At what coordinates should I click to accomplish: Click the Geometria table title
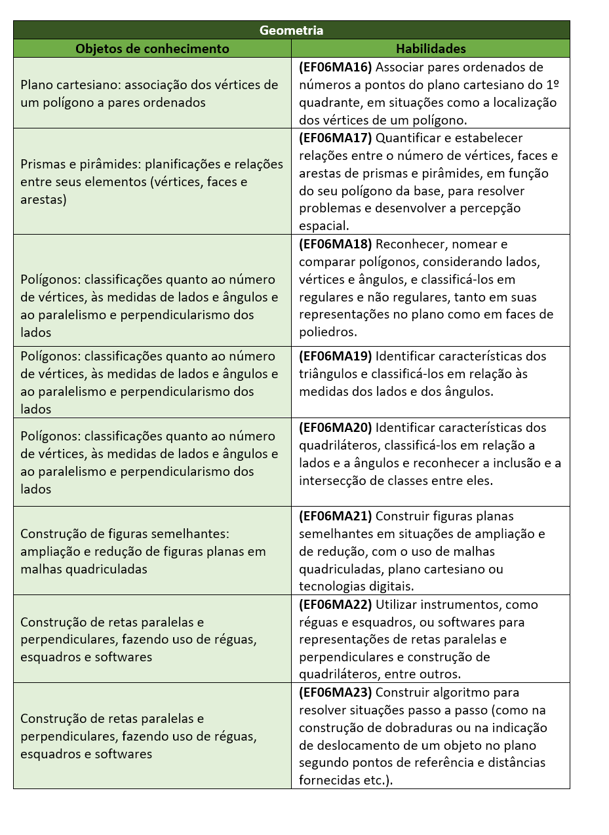coord(291,30)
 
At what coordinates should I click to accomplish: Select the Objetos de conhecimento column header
coord(152,49)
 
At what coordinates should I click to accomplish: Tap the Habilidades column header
coord(431,49)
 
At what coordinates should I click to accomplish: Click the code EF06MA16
coord(336,67)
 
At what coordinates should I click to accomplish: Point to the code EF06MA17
coord(336,138)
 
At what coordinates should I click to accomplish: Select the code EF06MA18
coord(336,244)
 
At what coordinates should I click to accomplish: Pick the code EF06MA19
coord(336,356)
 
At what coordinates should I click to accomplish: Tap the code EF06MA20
coord(336,427)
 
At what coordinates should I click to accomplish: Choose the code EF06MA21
coord(336,516)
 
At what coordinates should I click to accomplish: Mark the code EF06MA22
coord(336,604)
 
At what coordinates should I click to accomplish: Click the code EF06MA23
coord(336,692)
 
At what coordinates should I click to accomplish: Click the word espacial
coord(322,226)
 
